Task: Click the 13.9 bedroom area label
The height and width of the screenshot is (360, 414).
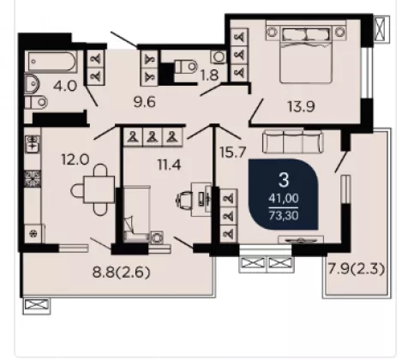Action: pyautogui.click(x=301, y=107)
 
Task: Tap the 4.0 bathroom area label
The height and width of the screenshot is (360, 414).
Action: pyautogui.click(x=65, y=86)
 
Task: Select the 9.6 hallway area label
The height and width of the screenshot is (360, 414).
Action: pyautogui.click(x=145, y=102)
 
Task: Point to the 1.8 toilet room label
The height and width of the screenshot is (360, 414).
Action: pyautogui.click(x=209, y=75)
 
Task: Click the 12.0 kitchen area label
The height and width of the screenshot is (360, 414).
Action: pyautogui.click(x=75, y=159)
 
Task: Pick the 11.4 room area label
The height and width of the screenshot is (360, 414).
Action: pyautogui.click(x=170, y=165)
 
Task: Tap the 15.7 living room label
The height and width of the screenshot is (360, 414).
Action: pyautogui.click(x=233, y=153)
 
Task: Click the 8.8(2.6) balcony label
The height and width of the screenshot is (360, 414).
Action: pyautogui.click(x=121, y=273)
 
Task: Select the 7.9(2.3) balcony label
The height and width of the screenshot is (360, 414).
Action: pyautogui.click(x=356, y=269)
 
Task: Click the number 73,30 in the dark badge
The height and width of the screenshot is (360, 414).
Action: pyautogui.click(x=284, y=215)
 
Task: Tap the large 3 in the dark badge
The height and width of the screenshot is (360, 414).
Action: pyautogui.click(x=284, y=180)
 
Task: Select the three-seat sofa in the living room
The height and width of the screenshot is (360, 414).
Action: pyautogui.click(x=293, y=141)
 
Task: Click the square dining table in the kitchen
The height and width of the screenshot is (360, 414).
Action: pyautogui.click(x=99, y=189)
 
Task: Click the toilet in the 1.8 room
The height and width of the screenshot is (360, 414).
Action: pyautogui.click(x=186, y=67)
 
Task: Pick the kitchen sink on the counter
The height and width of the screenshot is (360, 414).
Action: pyautogui.click(x=33, y=144)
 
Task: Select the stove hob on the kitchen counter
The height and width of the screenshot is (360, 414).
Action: pyautogui.click(x=33, y=179)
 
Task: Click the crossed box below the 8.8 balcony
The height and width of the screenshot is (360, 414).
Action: pyautogui.click(x=37, y=306)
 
